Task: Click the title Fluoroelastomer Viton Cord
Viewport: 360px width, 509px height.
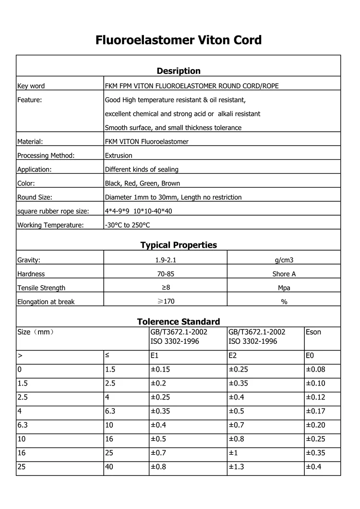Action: coord(179,40)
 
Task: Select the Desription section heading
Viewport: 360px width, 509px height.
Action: coord(179,71)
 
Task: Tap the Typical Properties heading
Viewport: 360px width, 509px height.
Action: coord(179,245)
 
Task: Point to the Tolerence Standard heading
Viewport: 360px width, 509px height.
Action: coord(179,322)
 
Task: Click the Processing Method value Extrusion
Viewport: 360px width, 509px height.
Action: coord(119,156)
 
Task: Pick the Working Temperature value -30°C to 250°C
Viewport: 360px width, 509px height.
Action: coord(127,225)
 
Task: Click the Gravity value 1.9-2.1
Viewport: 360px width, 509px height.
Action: coord(165,260)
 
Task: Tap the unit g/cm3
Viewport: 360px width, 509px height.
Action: coord(284,260)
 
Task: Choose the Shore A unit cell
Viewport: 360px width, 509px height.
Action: coord(284,274)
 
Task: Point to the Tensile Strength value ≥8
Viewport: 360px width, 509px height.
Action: coord(165,288)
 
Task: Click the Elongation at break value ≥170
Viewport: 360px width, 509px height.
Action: coord(165,302)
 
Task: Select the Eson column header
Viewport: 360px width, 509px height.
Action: coord(313,332)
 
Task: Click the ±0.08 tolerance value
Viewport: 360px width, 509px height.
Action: coord(315,370)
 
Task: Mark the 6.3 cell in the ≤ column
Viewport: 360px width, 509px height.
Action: coord(110,412)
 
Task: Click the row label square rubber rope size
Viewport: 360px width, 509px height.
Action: coord(53,211)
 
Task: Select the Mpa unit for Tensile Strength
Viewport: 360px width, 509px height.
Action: coord(284,288)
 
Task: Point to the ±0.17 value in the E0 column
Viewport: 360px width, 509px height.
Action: coord(315,412)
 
